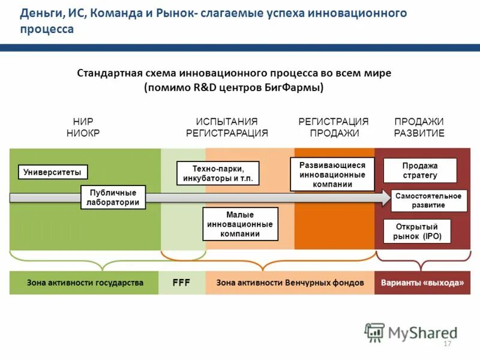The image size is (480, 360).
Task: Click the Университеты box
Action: [53, 172]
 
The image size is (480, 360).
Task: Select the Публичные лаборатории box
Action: [113, 197]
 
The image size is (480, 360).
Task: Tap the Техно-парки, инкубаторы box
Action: [218, 173]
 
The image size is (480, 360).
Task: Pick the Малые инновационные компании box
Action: [240, 224]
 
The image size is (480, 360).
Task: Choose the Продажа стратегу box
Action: [420, 170]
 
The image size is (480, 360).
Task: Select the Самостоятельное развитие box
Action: [428, 200]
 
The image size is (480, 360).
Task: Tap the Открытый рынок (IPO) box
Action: [417, 232]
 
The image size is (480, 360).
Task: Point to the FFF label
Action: [181, 283]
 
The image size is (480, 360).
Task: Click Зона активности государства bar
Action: [85, 283]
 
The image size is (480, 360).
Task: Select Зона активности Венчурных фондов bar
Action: [290, 283]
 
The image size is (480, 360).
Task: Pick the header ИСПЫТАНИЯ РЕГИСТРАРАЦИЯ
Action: [227, 127]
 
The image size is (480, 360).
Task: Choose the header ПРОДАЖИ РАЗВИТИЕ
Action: [419, 127]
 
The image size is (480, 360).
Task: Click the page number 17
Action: [446, 344]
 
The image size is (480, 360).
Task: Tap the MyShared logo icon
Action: [375, 332]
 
